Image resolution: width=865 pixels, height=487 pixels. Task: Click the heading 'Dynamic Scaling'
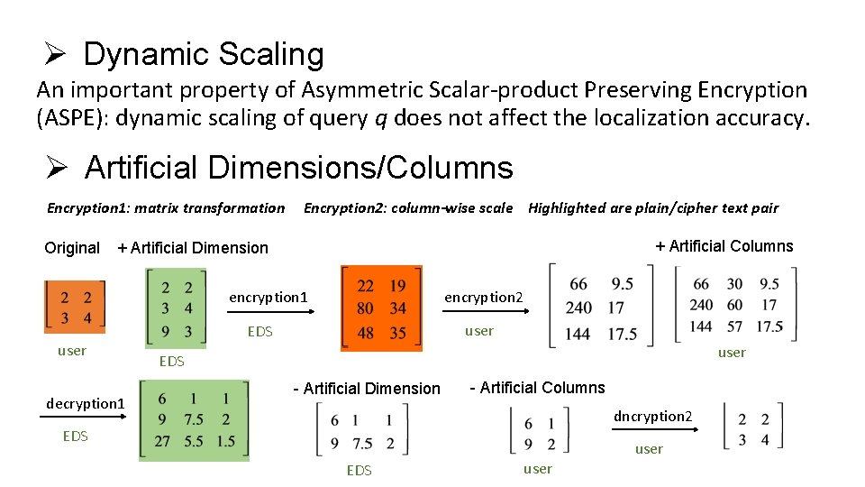coord(203,54)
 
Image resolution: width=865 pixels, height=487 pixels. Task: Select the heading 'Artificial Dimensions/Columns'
coord(298,167)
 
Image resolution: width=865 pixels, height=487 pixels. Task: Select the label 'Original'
coord(72,248)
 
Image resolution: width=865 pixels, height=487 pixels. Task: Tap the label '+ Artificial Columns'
coord(724,246)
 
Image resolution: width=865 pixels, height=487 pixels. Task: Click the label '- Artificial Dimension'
coord(367,389)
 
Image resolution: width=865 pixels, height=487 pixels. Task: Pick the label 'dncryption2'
coord(653,416)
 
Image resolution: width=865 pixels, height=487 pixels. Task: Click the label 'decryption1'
coord(86,403)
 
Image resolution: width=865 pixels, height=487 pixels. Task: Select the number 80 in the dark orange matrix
coord(366,309)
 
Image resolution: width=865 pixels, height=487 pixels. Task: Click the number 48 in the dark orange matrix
coord(366,333)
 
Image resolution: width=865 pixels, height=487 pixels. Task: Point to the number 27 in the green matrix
coord(161,441)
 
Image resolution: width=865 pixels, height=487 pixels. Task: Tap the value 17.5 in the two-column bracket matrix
coord(623,333)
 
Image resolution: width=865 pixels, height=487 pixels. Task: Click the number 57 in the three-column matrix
coord(735,326)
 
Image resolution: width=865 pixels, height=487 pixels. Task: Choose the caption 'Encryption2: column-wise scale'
coord(408,207)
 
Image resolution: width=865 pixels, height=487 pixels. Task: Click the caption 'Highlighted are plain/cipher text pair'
coord(653,207)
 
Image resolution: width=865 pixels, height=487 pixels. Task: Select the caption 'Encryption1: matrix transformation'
coord(166,207)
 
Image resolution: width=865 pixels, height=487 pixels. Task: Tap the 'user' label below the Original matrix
coord(72,351)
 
